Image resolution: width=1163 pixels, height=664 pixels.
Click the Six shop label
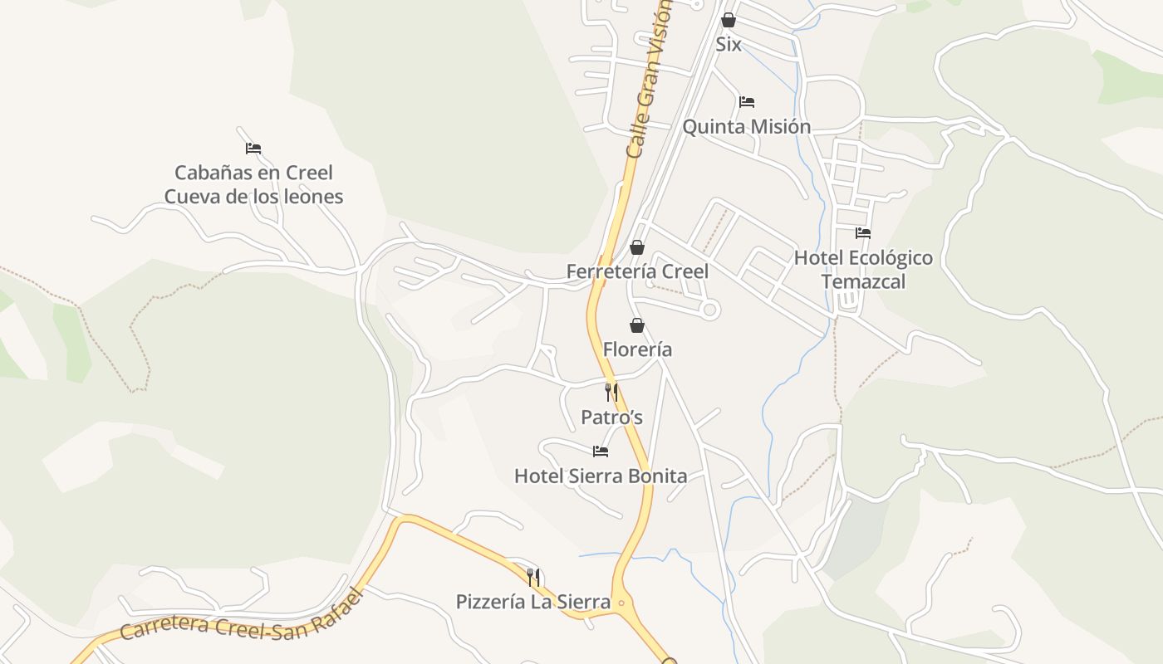(729, 45)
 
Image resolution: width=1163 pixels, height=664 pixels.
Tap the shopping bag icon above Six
(729, 20)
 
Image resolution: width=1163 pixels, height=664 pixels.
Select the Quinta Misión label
(746, 127)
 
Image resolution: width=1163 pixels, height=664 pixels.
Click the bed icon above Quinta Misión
(747, 102)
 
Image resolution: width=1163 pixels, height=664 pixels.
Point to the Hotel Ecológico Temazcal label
(863, 269)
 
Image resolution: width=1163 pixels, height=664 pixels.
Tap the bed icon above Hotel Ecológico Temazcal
(863, 233)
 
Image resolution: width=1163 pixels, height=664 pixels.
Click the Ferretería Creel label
(637, 271)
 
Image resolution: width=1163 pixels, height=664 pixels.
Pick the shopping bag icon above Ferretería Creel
(637, 247)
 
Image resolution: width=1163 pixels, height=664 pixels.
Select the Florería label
(637, 349)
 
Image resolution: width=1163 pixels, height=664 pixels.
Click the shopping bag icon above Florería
(637, 325)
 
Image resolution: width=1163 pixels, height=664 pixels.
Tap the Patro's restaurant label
(611, 417)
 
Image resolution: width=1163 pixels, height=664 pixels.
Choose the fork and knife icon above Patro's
(611, 393)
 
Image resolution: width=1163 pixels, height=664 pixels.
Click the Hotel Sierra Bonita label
(601, 476)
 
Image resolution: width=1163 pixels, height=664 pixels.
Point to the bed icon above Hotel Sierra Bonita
(601, 452)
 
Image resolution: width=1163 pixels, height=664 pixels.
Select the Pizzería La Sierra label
(533, 602)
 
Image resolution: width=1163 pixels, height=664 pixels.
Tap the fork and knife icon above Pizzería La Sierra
(533, 577)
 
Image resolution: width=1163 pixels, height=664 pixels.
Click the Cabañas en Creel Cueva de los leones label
(253, 184)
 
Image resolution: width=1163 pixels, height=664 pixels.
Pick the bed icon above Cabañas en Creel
(253, 149)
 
